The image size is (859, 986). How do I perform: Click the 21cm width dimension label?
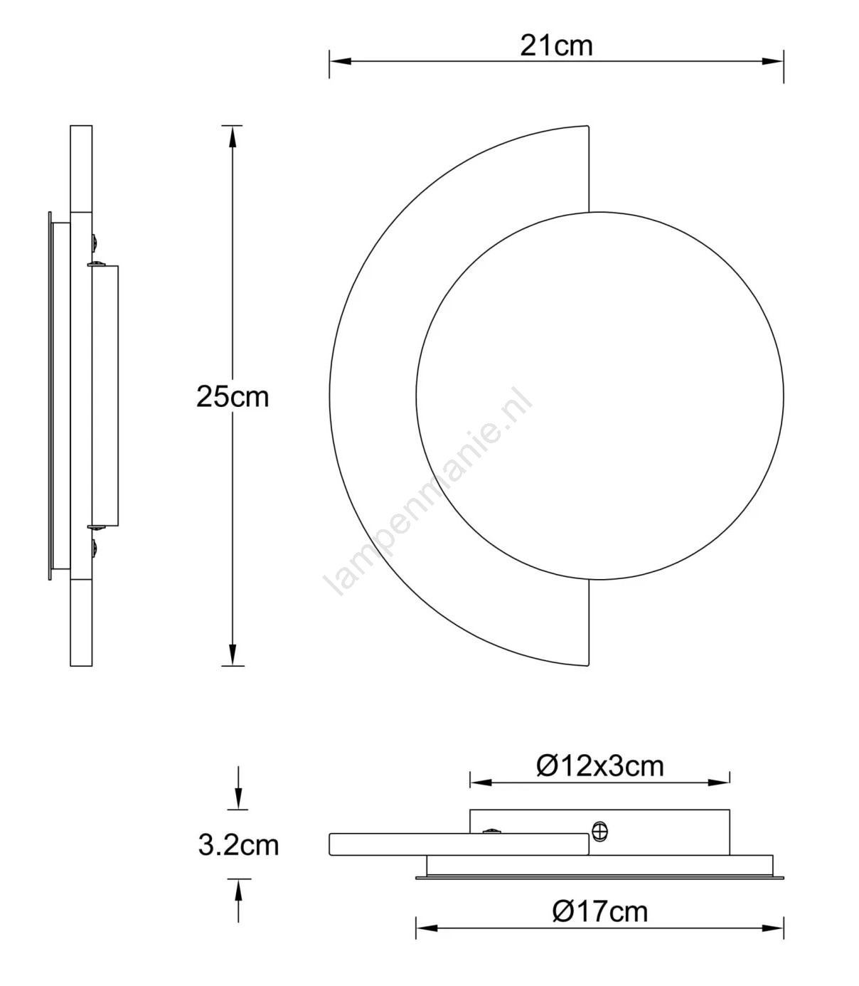click(556, 46)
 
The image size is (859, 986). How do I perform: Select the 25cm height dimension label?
click(233, 398)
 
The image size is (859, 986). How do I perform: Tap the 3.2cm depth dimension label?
click(238, 845)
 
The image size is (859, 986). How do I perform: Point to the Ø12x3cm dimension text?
click(599, 766)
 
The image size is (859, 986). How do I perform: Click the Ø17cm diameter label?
click(600, 912)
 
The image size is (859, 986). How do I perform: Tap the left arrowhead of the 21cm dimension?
click(339, 62)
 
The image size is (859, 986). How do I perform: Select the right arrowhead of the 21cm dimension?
click(773, 62)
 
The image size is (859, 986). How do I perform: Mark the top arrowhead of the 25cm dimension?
click(233, 137)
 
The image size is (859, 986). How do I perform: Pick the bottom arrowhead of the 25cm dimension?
click(233, 655)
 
